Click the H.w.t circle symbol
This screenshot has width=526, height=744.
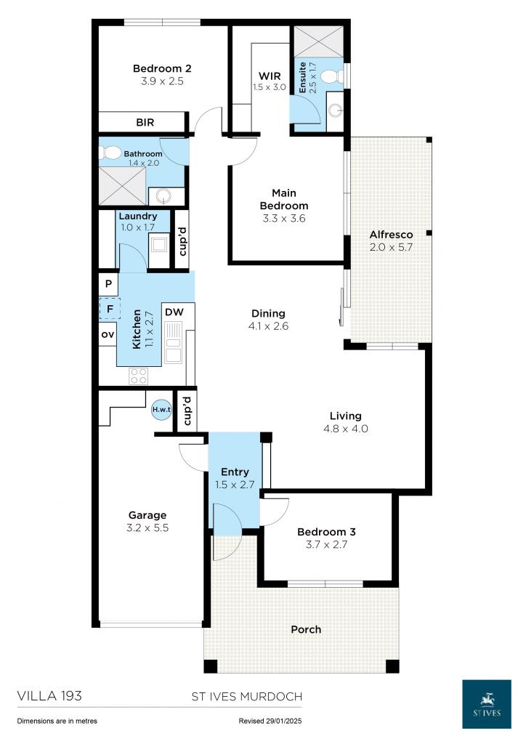[161, 410]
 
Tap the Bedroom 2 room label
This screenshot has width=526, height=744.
[162, 69]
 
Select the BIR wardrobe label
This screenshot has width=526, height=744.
[145, 123]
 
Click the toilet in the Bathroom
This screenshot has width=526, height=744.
[111, 153]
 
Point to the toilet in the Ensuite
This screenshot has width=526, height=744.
[331, 76]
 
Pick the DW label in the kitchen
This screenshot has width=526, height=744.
[174, 312]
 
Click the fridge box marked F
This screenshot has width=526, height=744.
[108, 310]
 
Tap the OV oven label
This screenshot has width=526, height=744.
[108, 334]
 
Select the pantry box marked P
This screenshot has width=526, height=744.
[108, 284]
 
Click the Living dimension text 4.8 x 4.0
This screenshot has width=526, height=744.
[346, 429]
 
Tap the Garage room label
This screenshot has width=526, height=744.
[148, 515]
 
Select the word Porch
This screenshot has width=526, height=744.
[306, 629]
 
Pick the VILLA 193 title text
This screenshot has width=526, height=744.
[49, 696]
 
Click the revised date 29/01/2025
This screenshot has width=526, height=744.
[288, 721]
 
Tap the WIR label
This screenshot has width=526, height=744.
[270, 76]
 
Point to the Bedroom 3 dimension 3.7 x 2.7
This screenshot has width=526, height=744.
[326, 544]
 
